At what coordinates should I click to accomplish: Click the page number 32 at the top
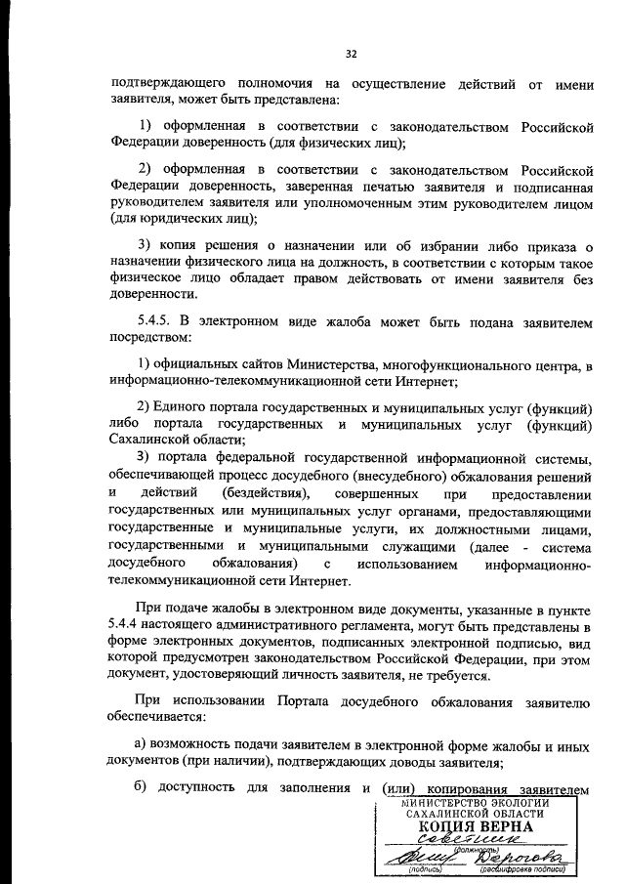(x=352, y=54)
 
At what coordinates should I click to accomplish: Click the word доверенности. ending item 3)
(x=147, y=293)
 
